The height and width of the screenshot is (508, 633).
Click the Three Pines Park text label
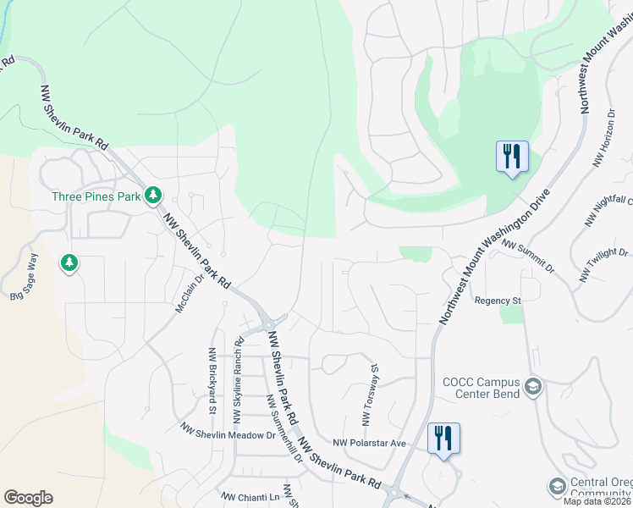coord(96,196)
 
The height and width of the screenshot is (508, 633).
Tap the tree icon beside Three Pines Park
coord(153,196)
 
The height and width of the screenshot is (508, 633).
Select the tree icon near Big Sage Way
coord(69,264)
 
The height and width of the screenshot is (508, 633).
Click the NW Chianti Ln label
coord(250,497)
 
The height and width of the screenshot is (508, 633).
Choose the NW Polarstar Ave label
coord(370,443)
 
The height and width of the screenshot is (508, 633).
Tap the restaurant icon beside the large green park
coord(512,157)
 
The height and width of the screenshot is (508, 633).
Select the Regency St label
coord(497,301)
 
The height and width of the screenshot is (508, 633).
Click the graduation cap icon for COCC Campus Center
coord(532,388)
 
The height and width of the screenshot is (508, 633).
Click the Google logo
coord(28,498)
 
